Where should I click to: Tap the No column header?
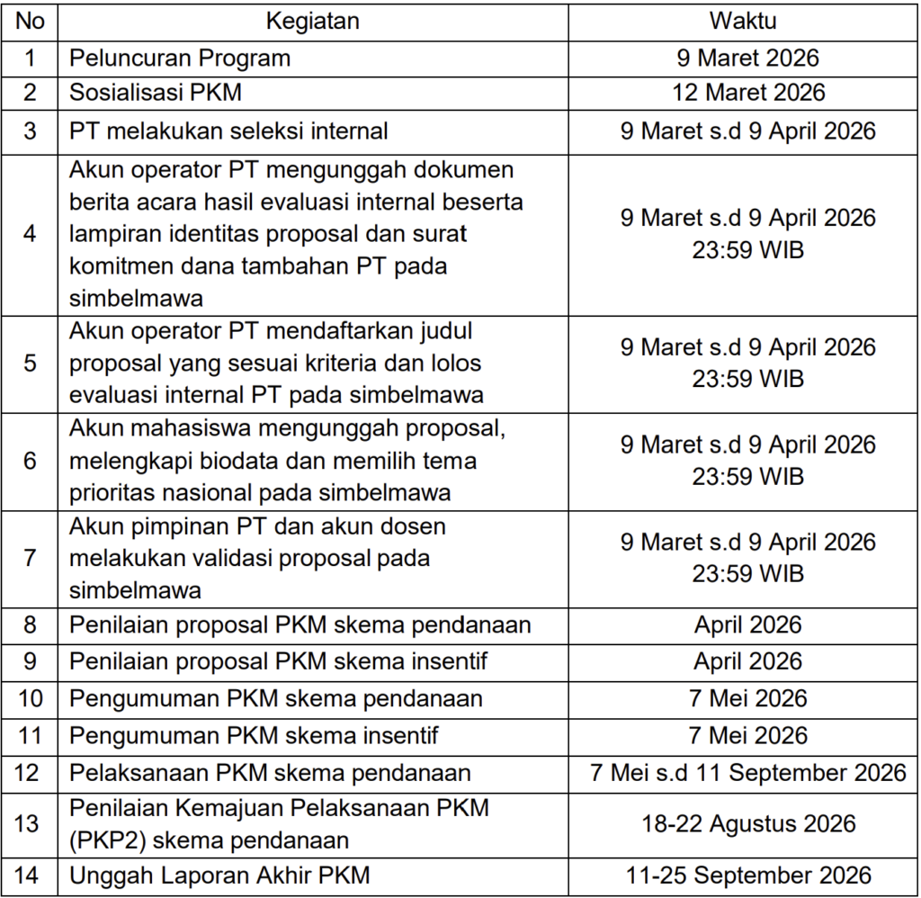click(31, 21)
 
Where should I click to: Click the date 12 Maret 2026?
click(748, 93)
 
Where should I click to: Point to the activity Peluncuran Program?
click(180, 58)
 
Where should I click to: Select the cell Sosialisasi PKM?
click(156, 93)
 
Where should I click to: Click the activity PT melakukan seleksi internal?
click(228, 130)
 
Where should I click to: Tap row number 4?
click(31, 234)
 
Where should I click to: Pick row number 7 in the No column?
click(31, 558)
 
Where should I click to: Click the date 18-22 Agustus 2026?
click(748, 823)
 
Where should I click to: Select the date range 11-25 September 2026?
click(748, 875)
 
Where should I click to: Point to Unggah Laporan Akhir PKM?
click(219, 875)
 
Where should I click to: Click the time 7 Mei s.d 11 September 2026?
click(748, 772)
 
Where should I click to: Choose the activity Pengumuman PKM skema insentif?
click(254, 735)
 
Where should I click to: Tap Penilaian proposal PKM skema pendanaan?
click(300, 624)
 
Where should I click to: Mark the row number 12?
click(31, 772)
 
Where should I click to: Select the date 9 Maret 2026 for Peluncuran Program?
click(748, 58)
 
